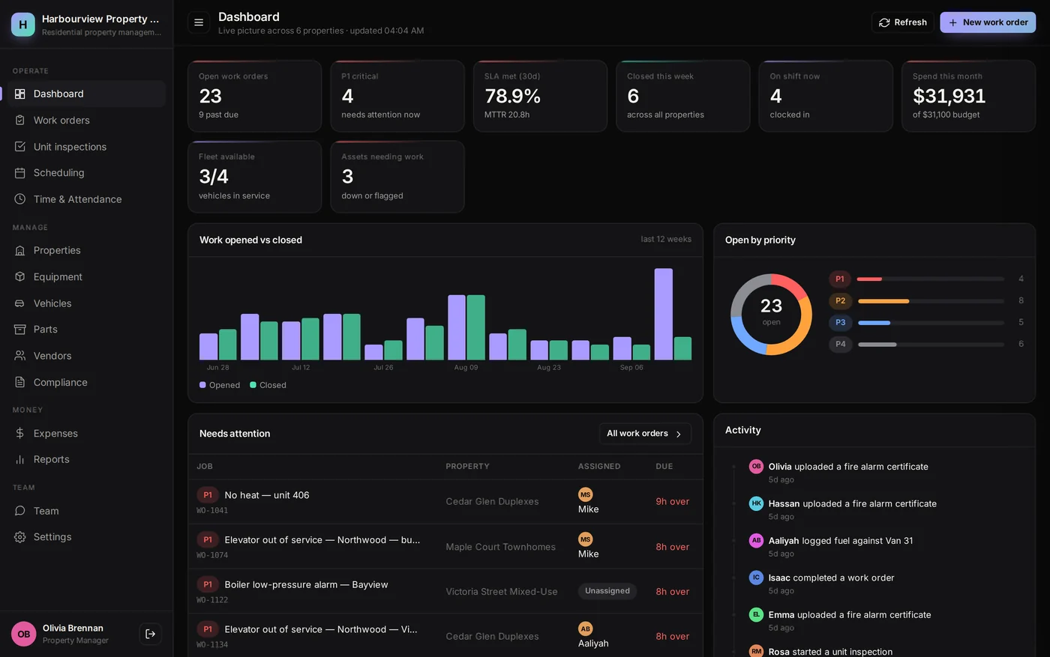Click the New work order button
pos(988,22)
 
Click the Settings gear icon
pos(19,536)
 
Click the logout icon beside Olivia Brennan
pos(150,634)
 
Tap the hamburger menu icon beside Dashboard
pos(199,22)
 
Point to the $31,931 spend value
pos(949,96)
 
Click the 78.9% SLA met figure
pos(512,96)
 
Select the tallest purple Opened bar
pos(663,314)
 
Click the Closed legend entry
pos(268,385)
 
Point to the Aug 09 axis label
pos(466,368)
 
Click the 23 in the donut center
pos(771,306)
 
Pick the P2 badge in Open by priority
pos(840,300)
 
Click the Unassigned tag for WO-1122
pos(607,591)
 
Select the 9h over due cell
pos(672,501)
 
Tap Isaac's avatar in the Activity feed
pos(756,578)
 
